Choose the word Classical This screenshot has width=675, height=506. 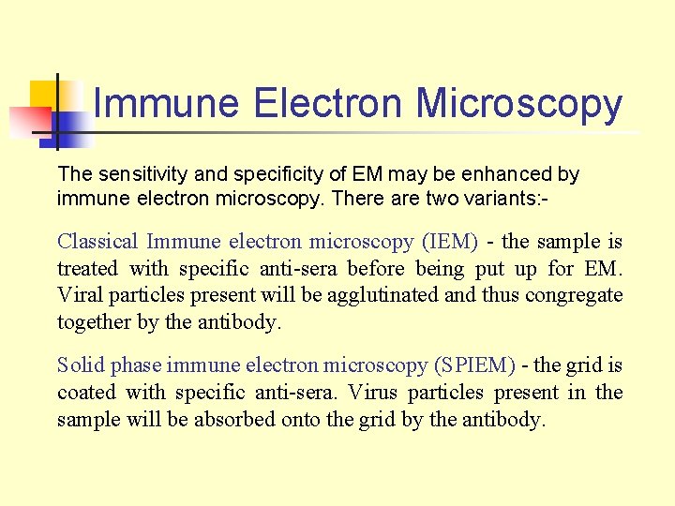(x=98, y=242)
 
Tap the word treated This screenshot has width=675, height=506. (x=88, y=269)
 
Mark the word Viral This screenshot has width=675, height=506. (x=79, y=296)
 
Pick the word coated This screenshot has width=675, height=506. (x=85, y=393)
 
